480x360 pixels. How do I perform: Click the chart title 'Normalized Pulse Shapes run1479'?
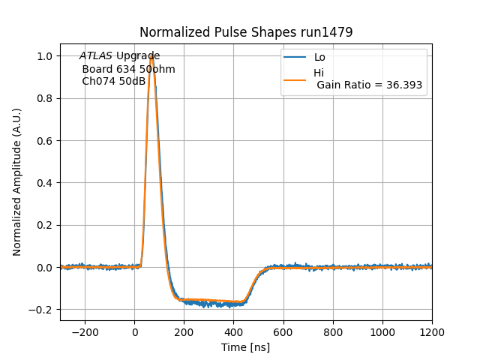(246, 32)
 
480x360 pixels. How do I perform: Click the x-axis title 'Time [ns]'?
(246, 347)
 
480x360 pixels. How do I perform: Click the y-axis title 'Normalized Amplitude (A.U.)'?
(17, 182)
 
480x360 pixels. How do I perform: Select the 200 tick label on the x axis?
(184, 331)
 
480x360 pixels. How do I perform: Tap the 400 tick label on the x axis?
(234, 331)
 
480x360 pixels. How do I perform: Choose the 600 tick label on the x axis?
(283, 331)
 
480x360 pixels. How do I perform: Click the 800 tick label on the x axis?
(333, 331)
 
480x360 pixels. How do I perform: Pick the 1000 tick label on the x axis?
(382, 331)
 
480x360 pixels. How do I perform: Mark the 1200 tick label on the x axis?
(432, 331)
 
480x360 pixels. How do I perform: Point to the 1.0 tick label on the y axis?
(46, 56)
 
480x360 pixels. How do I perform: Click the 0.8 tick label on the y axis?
(46, 98)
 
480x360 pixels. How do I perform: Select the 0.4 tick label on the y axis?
(46, 183)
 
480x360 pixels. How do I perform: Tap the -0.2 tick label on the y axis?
(43, 310)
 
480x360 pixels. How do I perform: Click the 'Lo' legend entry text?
(319, 58)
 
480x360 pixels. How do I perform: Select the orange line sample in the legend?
(295, 79)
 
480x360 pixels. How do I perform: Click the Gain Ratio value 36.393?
(404, 85)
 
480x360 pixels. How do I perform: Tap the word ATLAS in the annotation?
(96, 56)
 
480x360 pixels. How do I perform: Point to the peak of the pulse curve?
(151, 55)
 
